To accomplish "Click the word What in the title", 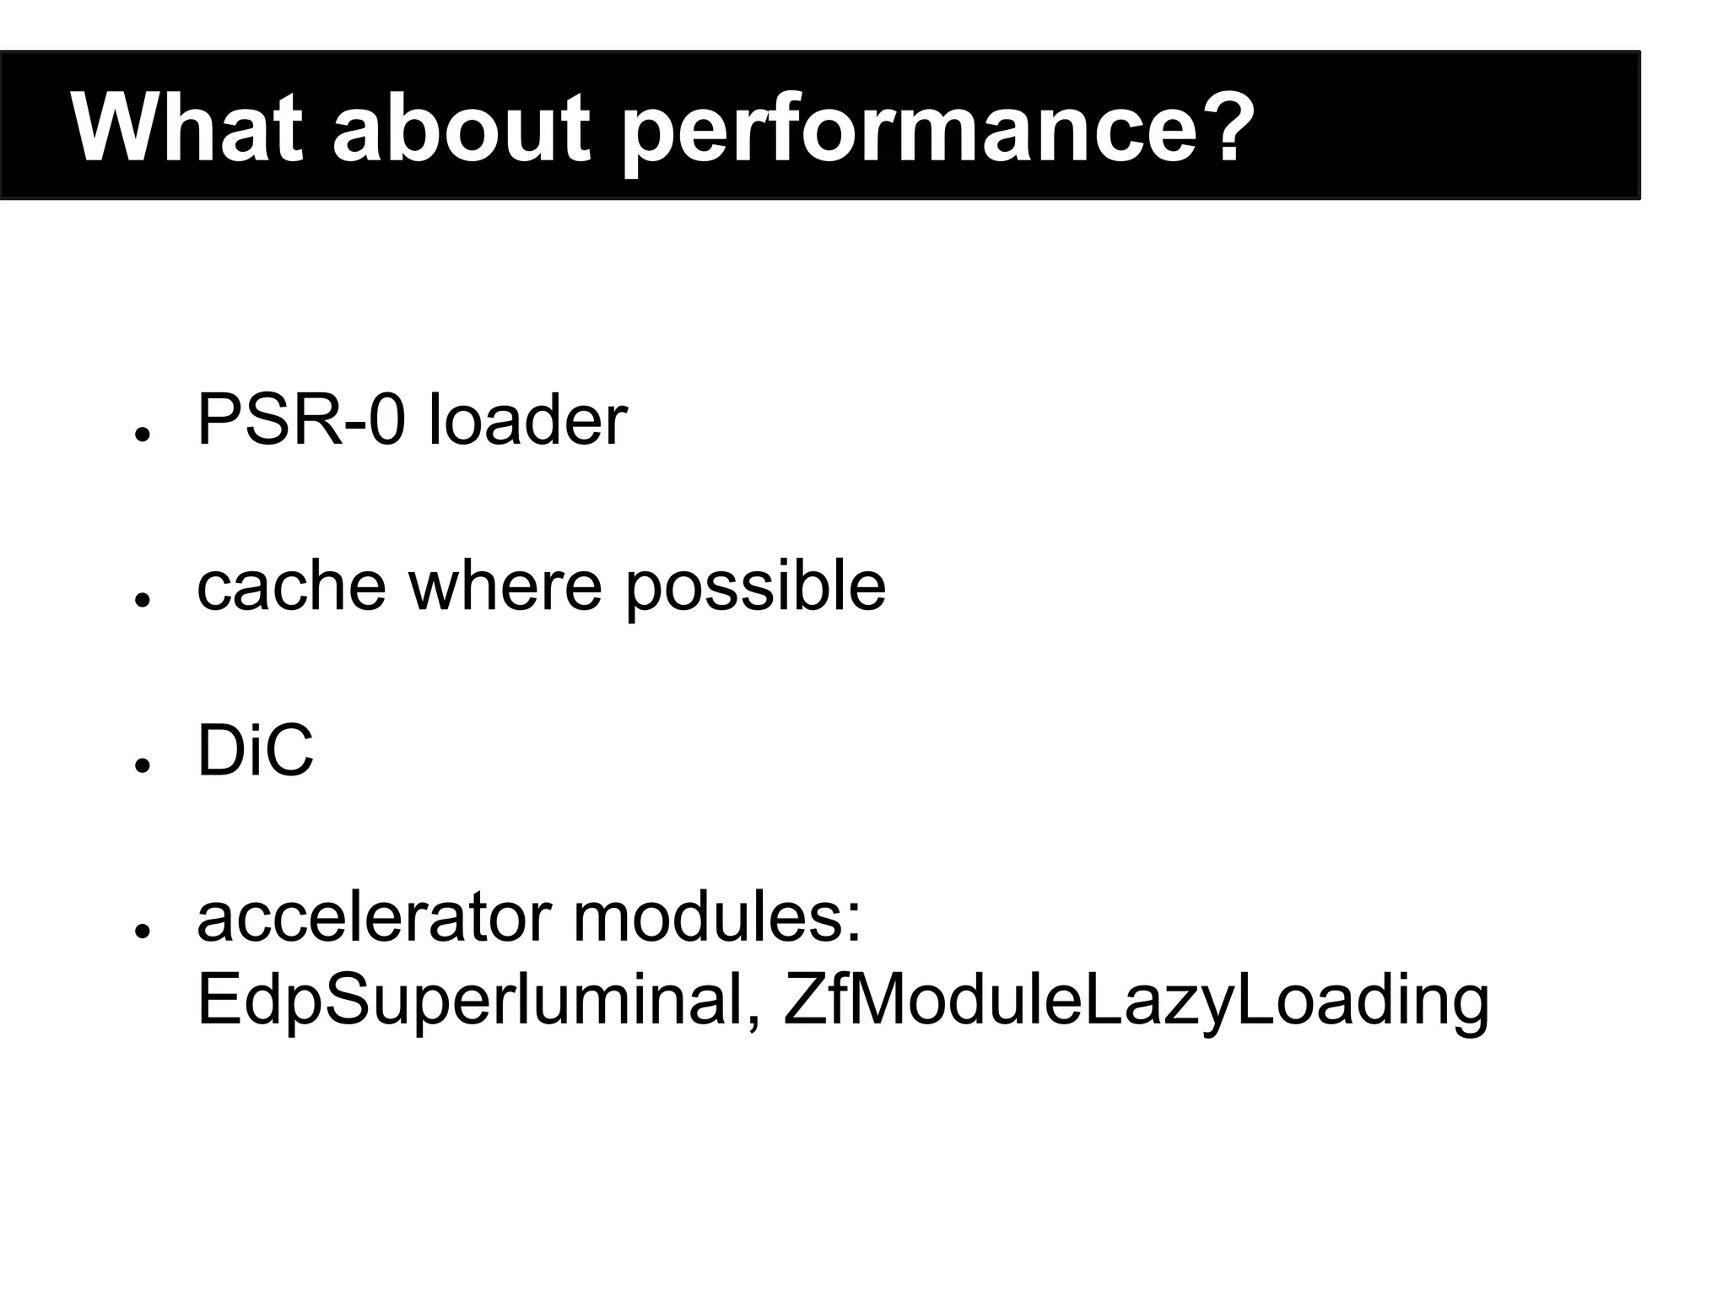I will [186, 127].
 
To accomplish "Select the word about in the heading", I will [461, 127].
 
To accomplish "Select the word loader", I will [527, 420].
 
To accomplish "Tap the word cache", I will [291, 586].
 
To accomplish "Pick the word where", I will [505, 586].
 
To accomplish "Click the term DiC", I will [255, 751].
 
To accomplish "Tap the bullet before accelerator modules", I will [142, 931].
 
